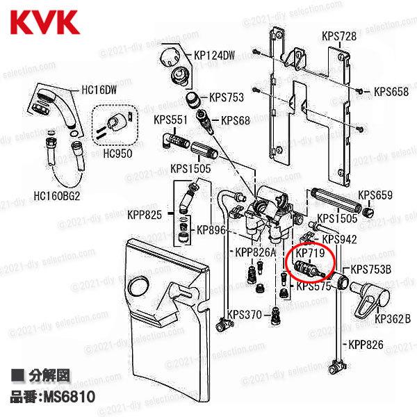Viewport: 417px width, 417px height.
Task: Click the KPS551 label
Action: click(x=170, y=120)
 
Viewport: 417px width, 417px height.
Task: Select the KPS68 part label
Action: click(x=236, y=120)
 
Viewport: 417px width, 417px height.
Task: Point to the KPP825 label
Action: click(x=145, y=215)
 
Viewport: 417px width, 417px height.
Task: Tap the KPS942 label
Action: click(x=341, y=239)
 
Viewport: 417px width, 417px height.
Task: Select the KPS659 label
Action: click(x=376, y=195)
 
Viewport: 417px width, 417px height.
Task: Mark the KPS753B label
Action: click(x=371, y=270)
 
